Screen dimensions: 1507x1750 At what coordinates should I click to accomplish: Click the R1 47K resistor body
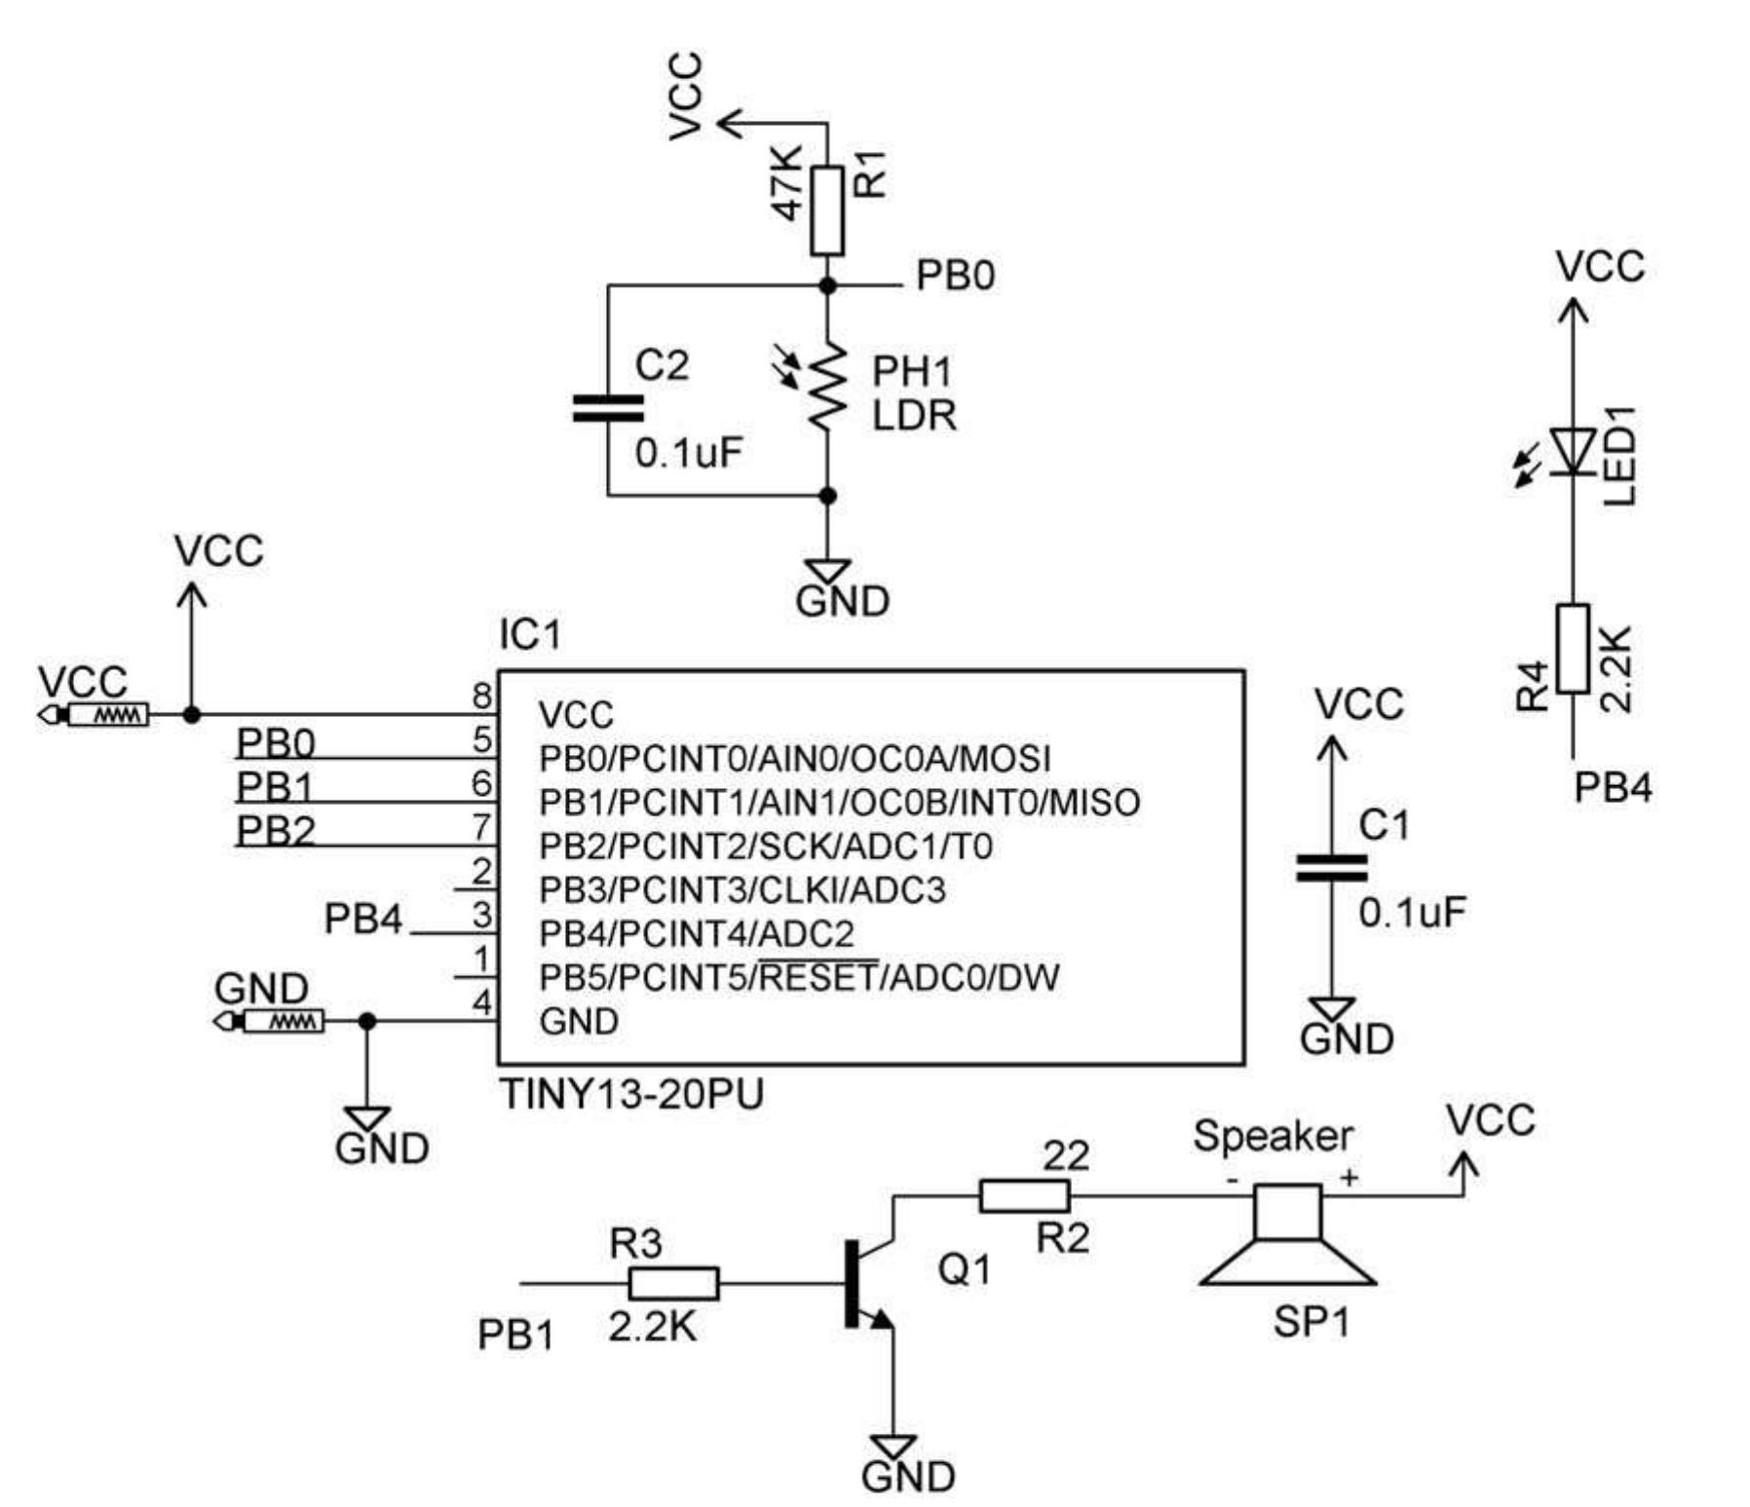[826, 210]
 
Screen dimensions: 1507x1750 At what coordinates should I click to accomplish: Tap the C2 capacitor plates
[608, 408]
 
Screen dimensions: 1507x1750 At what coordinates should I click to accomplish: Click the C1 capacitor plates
[1331, 868]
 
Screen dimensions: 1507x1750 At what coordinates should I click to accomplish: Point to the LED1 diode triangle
[1573, 451]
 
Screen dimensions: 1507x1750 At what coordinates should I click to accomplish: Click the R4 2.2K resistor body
[1573, 649]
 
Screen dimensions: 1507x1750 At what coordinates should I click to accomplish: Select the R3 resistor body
[673, 1283]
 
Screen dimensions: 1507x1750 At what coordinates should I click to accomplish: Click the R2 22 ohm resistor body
[1024, 1195]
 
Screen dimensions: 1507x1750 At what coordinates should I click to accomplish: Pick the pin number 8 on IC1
[482, 696]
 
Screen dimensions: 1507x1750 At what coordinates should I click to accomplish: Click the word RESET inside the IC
[818, 977]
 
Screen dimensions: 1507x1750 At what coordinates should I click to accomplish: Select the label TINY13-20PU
[631, 1095]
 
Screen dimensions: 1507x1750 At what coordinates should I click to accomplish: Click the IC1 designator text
[530, 635]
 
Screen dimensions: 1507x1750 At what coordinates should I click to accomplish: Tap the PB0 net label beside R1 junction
[955, 277]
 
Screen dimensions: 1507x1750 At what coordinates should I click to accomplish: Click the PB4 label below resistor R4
[1613, 787]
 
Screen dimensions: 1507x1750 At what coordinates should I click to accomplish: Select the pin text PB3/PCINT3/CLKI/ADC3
[742, 890]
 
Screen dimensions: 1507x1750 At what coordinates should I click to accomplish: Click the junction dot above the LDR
[827, 285]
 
